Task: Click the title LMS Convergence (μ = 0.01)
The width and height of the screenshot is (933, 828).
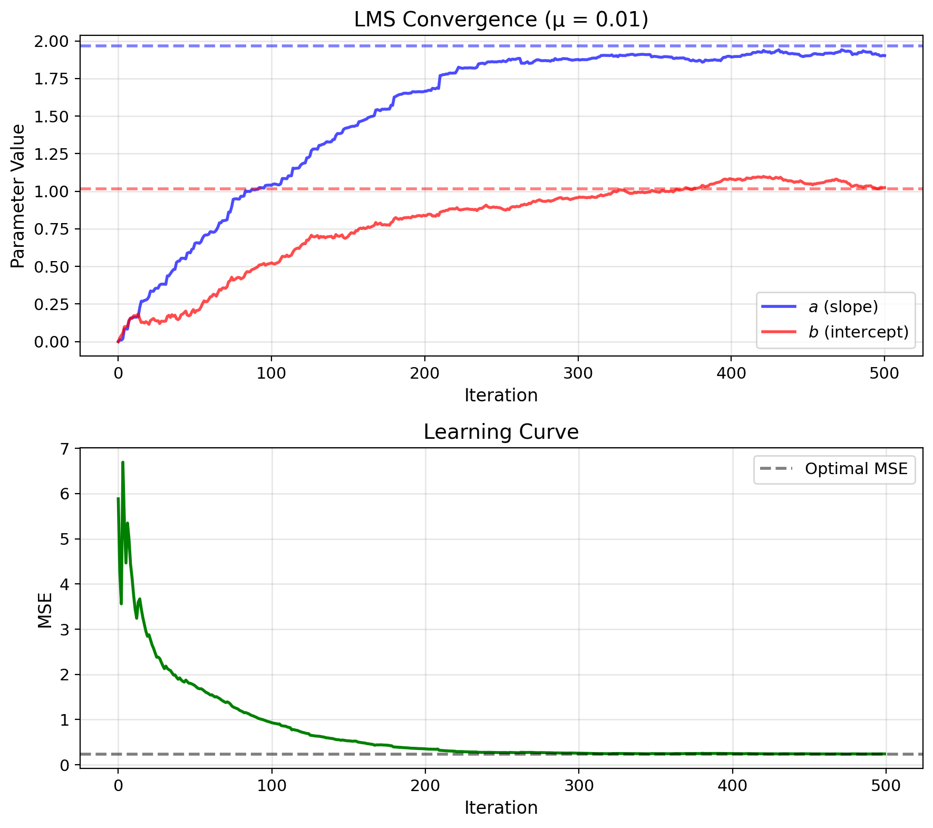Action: (501, 20)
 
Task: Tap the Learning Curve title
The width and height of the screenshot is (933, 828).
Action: (501, 432)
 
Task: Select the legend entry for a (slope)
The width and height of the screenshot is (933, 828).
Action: (843, 306)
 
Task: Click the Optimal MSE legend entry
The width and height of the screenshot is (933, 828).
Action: (856, 469)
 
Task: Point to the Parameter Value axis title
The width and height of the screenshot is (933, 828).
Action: (18, 196)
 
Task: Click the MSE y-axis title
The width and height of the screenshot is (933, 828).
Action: (45, 611)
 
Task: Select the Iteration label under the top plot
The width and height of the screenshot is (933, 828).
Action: (501, 395)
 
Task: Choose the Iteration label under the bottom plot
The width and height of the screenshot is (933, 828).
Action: (501, 807)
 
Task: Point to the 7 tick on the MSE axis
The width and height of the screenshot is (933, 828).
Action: (64, 449)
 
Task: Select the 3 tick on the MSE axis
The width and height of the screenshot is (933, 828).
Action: (64, 630)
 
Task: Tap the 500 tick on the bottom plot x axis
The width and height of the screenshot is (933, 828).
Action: (885, 786)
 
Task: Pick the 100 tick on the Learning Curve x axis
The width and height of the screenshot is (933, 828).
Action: (271, 786)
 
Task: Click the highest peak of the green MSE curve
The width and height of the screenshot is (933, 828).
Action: (122, 463)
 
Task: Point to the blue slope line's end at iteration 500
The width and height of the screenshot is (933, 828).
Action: (885, 55)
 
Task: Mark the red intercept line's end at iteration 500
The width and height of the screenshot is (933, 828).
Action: (885, 187)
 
